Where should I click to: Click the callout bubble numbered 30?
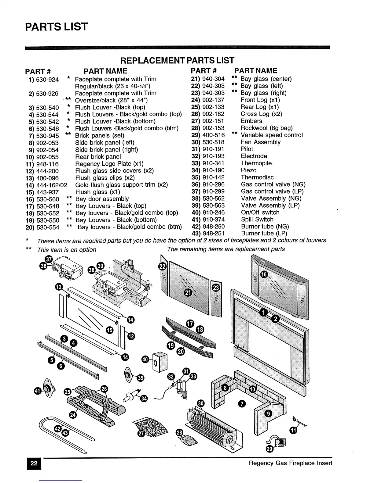point(200,404)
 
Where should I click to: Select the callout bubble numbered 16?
point(264,274)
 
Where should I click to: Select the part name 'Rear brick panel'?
point(98,157)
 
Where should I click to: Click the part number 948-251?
point(214,234)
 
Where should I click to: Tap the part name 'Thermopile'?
point(256,163)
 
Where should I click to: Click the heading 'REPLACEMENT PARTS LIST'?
point(177,60)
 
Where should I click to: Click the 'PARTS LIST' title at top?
point(56,27)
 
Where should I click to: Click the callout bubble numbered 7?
point(241,404)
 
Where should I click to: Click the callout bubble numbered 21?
point(188,293)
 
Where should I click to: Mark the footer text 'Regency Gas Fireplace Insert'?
point(290,463)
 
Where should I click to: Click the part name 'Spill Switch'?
point(257,220)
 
